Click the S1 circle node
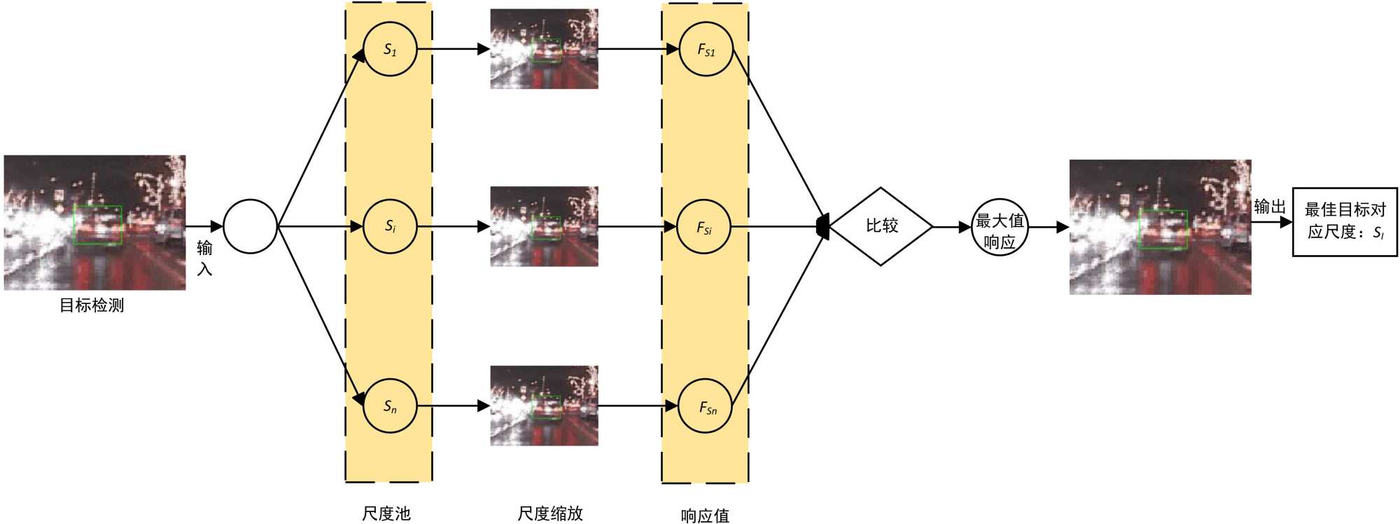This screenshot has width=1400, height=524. (x=390, y=50)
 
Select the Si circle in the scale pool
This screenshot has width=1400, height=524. (x=390, y=226)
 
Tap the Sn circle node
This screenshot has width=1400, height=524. (x=390, y=406)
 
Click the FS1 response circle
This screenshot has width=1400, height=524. (x=706, y=50)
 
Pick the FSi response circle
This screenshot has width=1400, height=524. (x=704, y=227)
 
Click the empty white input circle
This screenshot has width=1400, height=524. (x=250, y=226)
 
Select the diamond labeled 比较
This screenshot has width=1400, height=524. (x=881, y=226)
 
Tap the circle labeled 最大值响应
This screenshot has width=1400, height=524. (x=1000, y=227)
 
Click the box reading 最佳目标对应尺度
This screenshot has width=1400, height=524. (x=1345, y=221)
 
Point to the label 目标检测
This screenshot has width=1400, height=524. (x=92, y=305)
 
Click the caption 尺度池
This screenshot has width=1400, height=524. (x=386, y=513)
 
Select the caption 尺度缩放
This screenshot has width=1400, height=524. (x=550, y=513)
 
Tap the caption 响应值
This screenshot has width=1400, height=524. (x=705, y=516)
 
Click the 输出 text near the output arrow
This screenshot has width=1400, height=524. (x=1270, y=207)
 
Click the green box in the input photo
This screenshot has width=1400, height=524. (x=98, y=225)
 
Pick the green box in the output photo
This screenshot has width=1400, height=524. (x=1163, y=229)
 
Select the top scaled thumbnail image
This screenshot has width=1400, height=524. (x=544, y=49)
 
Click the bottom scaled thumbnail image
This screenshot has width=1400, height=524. (x=544, y=406)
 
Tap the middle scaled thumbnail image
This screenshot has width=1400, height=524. (x=544, y=226)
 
